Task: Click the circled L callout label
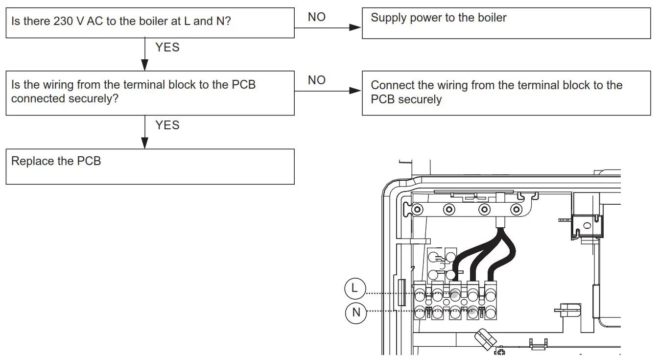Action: point(354,288)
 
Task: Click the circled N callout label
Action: point(356,312)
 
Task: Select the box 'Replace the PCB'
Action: point(150,167)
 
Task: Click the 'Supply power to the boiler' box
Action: point(506,23)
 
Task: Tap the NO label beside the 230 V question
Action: point(317,17)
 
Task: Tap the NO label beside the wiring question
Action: point(317,80)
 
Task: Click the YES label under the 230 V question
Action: point(167,48)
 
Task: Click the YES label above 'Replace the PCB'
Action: point(167,125)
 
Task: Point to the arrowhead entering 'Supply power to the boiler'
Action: point(356,27)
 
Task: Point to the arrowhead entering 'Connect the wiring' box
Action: point(356,91)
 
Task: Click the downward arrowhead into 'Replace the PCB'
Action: point(144,143)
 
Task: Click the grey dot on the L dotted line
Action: point(455,294)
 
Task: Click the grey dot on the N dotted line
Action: point(472,312)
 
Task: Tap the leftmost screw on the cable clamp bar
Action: point(417,210)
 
